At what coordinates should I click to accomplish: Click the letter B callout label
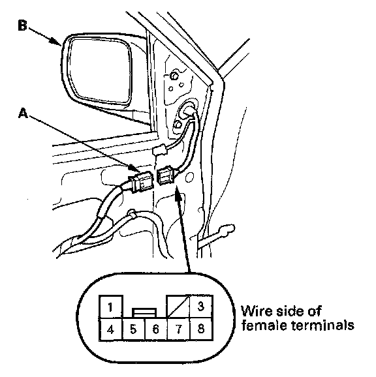(x=22, y=25)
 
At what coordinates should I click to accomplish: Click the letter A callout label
(x=23, y=113)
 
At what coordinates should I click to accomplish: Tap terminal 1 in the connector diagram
(x=111, y=307)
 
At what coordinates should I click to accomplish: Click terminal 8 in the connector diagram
(x=201, y=329)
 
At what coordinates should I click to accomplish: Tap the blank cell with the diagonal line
(x=178, y=307)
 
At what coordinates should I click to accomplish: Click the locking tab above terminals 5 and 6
(x=144, y=313)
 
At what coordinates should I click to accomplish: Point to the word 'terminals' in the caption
(x=322, y=325)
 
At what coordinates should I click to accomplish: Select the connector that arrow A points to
(x=141, y=182)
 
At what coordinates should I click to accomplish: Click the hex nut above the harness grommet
(x=173, y=76)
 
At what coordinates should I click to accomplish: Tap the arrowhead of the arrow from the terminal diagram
(x=177, y=193)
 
